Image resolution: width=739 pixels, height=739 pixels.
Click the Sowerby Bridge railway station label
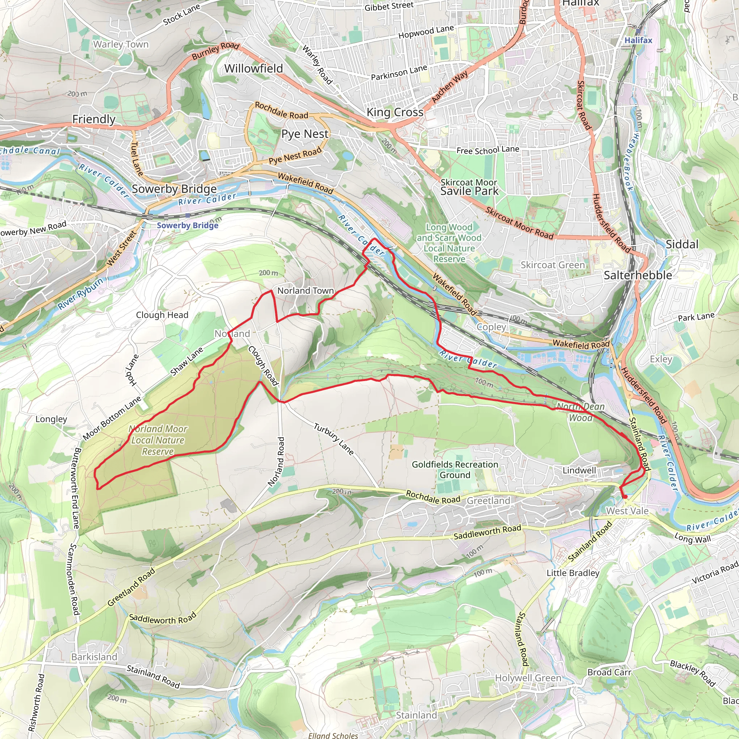(x=187, y=225)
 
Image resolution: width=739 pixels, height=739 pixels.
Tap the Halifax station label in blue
(x=638, y=40)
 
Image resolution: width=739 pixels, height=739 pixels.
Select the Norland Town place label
(x=305, y=291)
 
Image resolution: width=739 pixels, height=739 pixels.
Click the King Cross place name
(x=395, y=112)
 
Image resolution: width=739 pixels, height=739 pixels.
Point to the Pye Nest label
(x=305, y=134)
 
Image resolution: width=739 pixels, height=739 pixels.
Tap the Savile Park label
(x=469, y=191)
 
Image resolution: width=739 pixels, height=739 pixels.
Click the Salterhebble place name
(x=638, y=275)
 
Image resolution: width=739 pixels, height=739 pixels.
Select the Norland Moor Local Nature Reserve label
(x=158, y=440)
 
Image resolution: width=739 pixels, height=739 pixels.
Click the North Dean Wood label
(x=580, y=412)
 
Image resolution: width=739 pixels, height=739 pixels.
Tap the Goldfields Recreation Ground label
(x=455, y=469)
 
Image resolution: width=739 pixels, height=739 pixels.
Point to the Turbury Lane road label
(x=333, y=439)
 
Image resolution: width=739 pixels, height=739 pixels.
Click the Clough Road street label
(x=263, y=366)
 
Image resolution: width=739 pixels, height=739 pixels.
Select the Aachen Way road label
(x=450, y=87)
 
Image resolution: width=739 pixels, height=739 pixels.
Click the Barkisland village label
(x=94, y=657)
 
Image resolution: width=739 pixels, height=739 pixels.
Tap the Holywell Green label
(x=528, y=678)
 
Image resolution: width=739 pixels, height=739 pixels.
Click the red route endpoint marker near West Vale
(x=625, y=497)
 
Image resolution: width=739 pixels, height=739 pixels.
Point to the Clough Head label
(x=162, y=315)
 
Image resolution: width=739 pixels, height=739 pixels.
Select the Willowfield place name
(x=253, y=69)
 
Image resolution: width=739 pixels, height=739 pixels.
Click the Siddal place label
(x=682, y=244)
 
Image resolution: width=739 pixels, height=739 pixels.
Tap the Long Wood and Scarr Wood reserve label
(x=449, y=243)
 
